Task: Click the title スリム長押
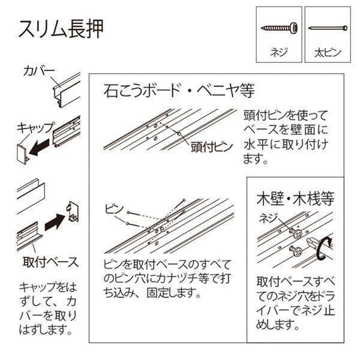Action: coord(61,29)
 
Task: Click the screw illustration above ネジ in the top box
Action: coord(279,28)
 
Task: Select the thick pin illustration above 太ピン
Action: coord(328,28)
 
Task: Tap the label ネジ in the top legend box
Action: coord(279,52)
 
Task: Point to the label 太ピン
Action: coord(328,53)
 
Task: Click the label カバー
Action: coord(39,71)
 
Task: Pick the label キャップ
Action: coord(36,128)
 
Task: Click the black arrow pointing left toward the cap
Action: coord(39,147)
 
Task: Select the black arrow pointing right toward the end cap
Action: coord(55,222)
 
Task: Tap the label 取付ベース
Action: coord(50,262)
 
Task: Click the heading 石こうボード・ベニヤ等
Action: coord(179,91)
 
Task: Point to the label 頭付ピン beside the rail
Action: coord(212,147)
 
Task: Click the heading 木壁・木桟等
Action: coord(295,199)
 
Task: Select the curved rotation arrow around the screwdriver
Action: coord(322,248)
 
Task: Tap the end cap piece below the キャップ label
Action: coord(23,154)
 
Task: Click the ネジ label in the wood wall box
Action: coord(268,218)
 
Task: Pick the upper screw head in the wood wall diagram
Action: coord(297,233)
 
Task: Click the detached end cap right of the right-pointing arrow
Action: coord(73,211)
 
